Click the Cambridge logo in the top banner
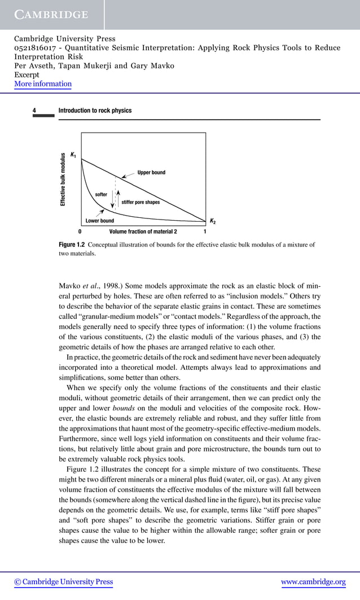(x=51, y=15)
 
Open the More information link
(x=43, y=84)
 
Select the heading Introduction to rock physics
(x=95, y=111)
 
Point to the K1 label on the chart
(x=73, y=155)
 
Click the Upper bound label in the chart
(x=151, y=172)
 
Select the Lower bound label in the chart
(x=99, y=221)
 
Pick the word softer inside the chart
(x=101, y=195)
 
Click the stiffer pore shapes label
(x=141, y=202)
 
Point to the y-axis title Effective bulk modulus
(x=63, y=179)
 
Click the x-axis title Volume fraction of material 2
(x=143, y=231)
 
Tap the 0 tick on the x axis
(x=80, y=231)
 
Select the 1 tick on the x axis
(x=205, y=231)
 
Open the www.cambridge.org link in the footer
(x=313, y=582)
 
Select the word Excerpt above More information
(x=27, y=75)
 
